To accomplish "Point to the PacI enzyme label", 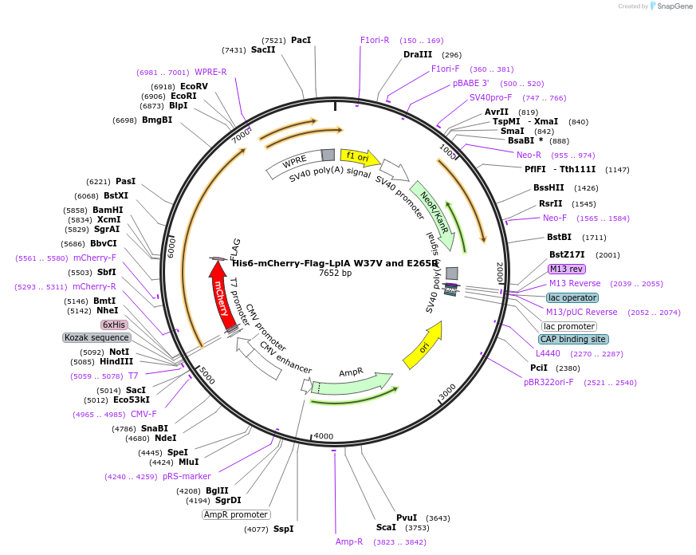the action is [301, 40].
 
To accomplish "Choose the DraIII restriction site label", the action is [418, 54].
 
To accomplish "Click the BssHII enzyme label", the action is [549, 188].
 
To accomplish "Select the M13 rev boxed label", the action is [567, 269].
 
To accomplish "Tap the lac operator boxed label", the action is [572, 297].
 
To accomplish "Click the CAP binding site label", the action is [573, 339].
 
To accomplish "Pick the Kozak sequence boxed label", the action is [96, 337].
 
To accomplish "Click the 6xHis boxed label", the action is [114, 325].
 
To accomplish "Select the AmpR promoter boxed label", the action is [236, 514].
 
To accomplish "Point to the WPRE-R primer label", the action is [210, 72].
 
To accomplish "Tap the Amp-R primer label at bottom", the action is [349, 541].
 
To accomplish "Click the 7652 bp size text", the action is [335, 273].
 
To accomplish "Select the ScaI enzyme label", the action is [386, 527].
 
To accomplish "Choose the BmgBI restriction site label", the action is [157, 120].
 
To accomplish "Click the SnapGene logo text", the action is [674, 6].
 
